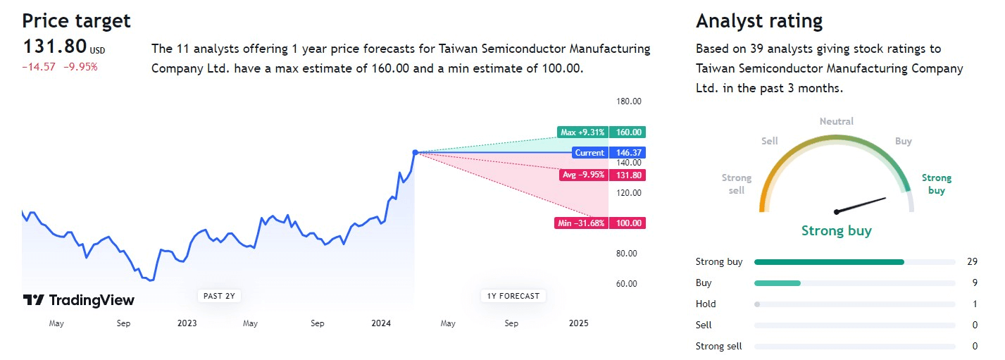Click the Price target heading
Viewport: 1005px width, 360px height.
tap(77, 21)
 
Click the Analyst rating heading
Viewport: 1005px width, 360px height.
tap(759, 21)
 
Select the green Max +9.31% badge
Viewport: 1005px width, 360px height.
tap(582, 132)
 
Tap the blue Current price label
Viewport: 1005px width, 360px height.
tap(589, 152)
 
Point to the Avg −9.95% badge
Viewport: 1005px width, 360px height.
tap(582, 175)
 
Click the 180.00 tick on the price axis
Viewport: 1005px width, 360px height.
tap(628, 101)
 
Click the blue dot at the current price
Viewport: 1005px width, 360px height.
tap(416, 152)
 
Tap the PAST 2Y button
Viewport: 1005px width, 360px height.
tap(219, 296)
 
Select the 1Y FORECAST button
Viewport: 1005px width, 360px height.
tap(513, 296)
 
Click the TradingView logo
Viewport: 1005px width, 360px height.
tap(78, 300)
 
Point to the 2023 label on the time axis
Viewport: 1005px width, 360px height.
tap(187, 323)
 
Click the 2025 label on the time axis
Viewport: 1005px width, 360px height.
tap(578, 323)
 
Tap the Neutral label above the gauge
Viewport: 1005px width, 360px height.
tap(836, 121)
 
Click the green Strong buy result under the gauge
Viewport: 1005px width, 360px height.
tap(836, 230)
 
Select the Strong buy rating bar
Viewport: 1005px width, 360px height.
tap(829, 262)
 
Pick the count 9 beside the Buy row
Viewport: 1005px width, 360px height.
tap(972, 283)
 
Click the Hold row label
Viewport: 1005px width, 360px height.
tap(706, 304)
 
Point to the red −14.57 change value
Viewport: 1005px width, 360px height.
tap(36, 67)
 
